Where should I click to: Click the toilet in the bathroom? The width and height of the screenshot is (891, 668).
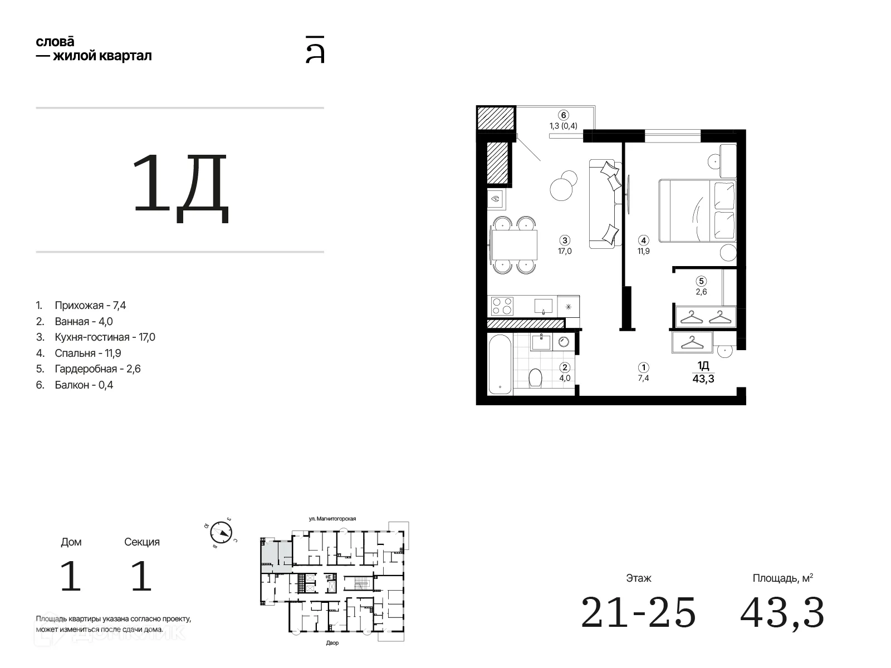click(x=535, y=377)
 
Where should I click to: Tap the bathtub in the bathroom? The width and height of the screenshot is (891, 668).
click(x=500, y=364)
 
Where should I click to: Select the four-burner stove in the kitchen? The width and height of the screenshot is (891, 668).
click(x=502, y=306)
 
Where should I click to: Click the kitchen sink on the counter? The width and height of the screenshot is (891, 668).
click(x=543, y=306)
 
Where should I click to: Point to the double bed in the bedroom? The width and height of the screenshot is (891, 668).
click(x=697, y=211)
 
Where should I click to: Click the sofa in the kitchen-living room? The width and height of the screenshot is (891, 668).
click(x=605, y=204)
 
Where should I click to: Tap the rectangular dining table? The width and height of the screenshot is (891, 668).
click(x=515, y=244)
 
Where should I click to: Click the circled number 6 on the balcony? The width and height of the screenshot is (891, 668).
click(x=563, y=115)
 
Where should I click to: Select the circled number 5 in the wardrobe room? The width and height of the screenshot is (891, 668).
click(x=701, y=281)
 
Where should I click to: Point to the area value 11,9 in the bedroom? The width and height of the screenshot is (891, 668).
click(x=643, y=251)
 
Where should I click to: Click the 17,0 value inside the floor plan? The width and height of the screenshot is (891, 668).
click(x=565, y=251)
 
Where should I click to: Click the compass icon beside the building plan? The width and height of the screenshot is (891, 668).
click(x=221, y=532)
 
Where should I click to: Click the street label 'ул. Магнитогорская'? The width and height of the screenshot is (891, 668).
click(x=332, y=518)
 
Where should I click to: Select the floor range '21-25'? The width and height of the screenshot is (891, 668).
click(x=638, y=612)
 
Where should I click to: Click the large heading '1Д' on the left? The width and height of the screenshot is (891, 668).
click(x=180, y=188)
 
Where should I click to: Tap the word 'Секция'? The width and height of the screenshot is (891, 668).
click(x=141, y=542)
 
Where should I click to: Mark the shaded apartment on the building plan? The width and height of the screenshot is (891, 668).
click(x=276, y=556)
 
